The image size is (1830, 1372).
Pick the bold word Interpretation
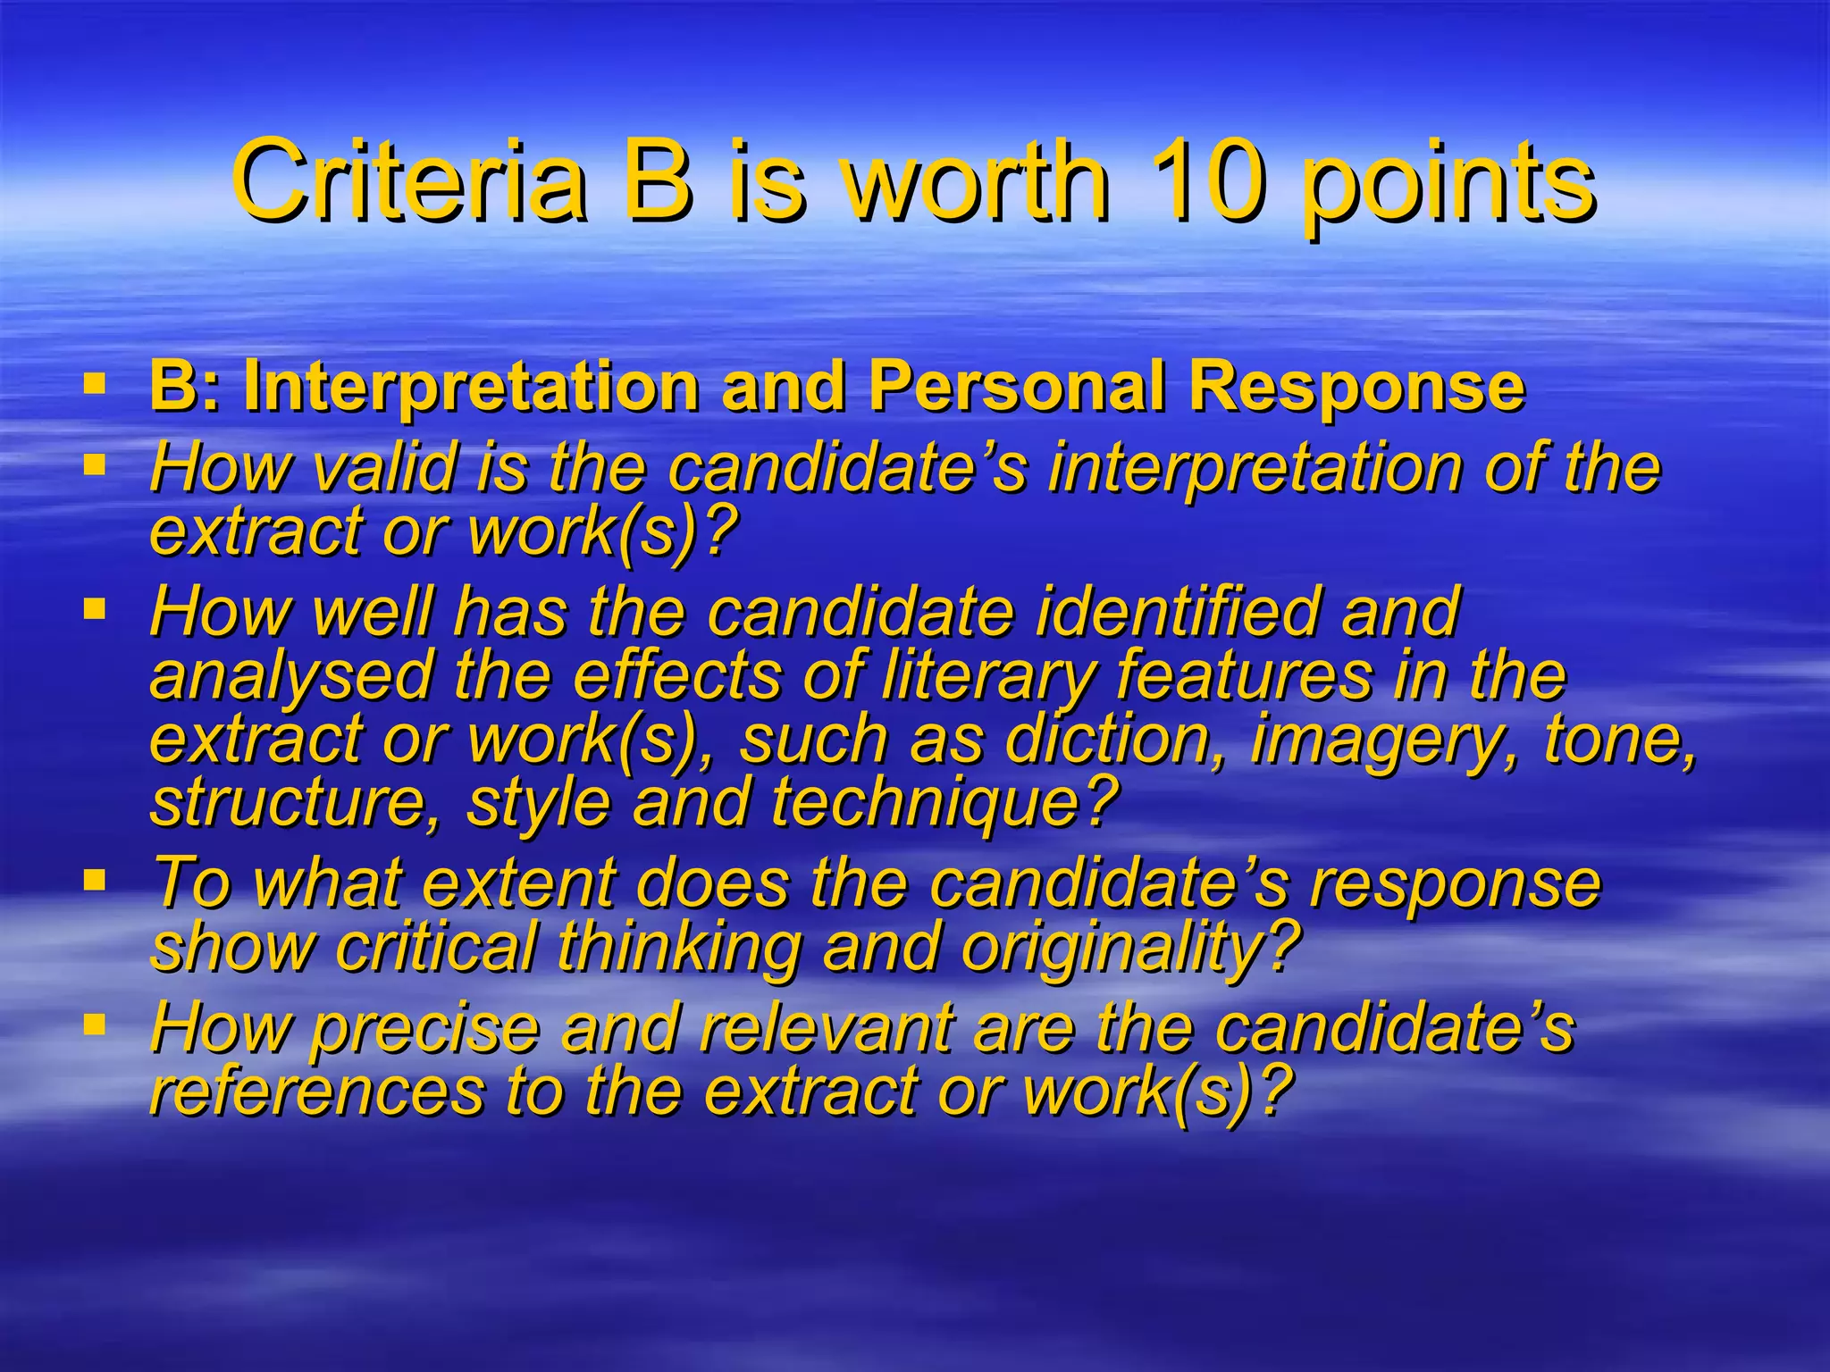(x=470, y=388)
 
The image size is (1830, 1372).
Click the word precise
(x=425, y=1029)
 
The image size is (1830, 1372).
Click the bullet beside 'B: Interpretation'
(x=94, y=385)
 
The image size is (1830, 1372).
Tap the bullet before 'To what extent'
(x=94, y=880)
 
